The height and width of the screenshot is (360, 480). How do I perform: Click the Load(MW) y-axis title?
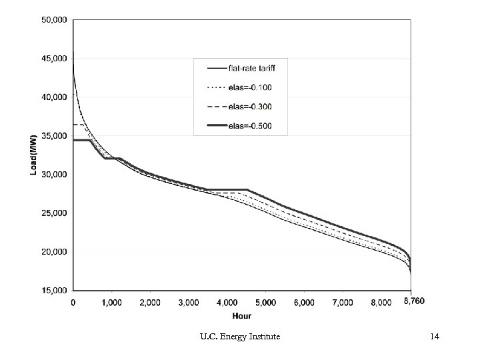pos(33,155)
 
